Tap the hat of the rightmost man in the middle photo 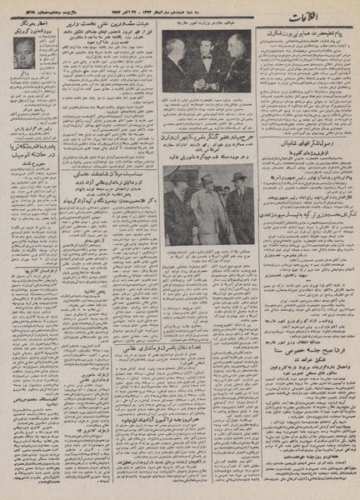click(x=238, y=177)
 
